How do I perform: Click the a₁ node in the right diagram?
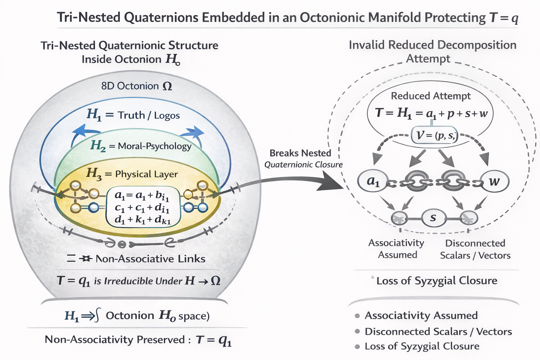tap(373, 181)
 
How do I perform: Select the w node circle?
tap(495, 181)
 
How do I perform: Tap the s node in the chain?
tap(433, 218)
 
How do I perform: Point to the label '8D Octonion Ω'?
tap(136, 86)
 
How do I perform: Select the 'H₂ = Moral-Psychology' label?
tap(141, 146)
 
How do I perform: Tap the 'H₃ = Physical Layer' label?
tap(132, 174)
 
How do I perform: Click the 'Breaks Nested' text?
tap(300, 153)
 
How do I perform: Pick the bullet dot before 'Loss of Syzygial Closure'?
tap(357, 347)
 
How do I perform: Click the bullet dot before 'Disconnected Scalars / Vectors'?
tap(357, 332)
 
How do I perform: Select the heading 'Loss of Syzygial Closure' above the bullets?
tap(437, 281)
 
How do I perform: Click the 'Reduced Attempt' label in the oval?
tap(431, 96)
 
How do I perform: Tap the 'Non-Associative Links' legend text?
tap(150, 259)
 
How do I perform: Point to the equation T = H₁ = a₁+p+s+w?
tap(431, 113)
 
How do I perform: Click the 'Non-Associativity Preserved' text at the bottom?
tap(115, 340)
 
